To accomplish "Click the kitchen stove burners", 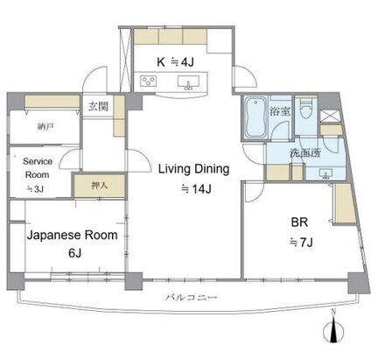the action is click(x=148, y=81).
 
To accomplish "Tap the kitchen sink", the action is click(x=188, y=82).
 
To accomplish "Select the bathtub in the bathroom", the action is click(x=255, y=117).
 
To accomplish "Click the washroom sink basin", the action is click(x=325, y=173).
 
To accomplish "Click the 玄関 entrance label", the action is click(x=98, y=107).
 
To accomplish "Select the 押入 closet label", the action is click(x=100, y=185).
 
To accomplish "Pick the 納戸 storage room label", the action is click(x=45, y=127).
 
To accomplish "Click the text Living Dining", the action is click(x=193, y=169).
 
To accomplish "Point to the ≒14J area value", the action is click(x=196, y=189).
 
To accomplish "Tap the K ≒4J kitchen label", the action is click(x=175, y=62).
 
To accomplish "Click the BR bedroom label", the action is click(x=299, y=222).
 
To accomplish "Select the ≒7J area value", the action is click(x=301, y=242).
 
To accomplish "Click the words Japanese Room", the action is click(x=72, y=235).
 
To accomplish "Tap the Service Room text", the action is click(x=38, y=168).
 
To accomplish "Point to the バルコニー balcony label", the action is click(x=192, y=298).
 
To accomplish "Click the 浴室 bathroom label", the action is click(x=279, y=111).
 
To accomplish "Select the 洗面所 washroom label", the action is click(x=305, y=153).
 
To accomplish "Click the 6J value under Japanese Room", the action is click(x=74, y=253).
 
